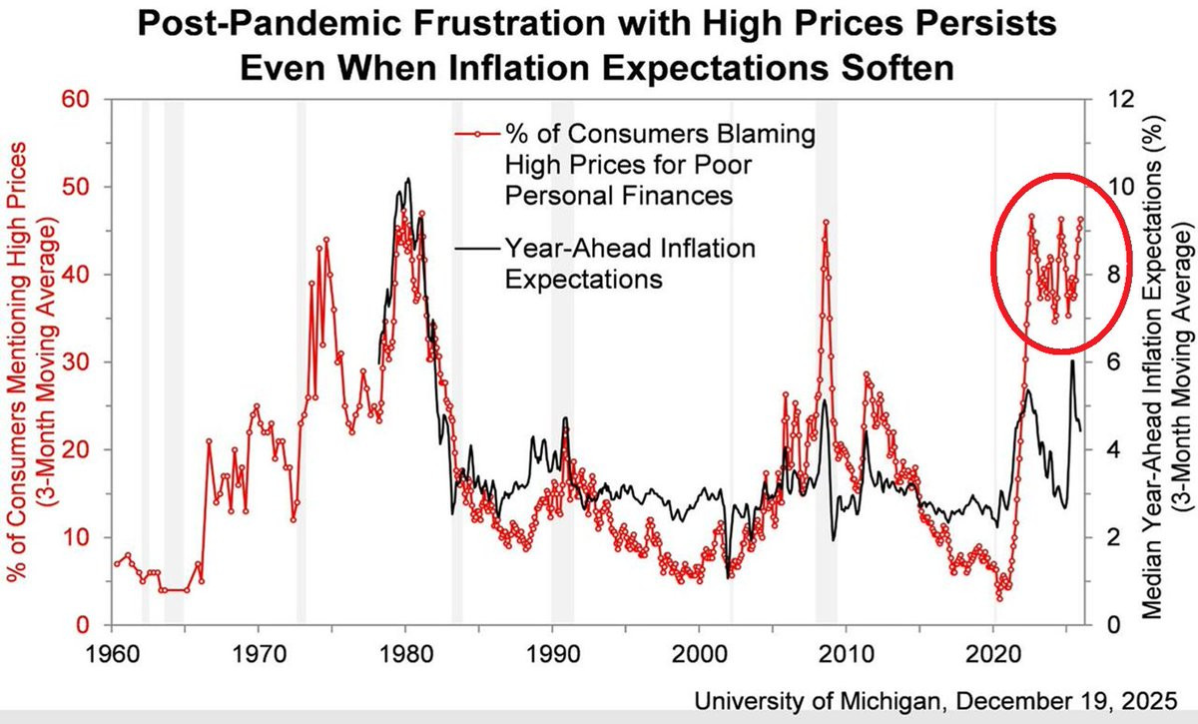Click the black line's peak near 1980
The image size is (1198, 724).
[x=407, y=179]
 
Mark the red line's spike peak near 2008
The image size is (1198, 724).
[x=826, y=223]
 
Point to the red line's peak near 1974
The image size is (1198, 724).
[x=325, y=240]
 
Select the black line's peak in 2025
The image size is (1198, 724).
[x=1072, y=361]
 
